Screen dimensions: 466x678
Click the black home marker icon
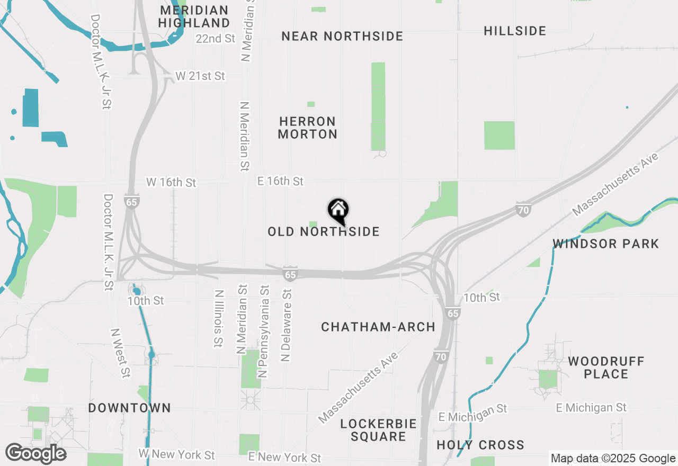coord(338,210)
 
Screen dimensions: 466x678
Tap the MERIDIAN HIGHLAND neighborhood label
coord(194,16)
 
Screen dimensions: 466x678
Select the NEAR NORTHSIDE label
coord(342,36)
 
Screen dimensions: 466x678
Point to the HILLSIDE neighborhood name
coord(515,31)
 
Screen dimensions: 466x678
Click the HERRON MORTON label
coord(308,128)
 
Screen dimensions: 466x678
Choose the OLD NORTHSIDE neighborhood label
coord(323,232)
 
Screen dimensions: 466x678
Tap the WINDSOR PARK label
coord(606,244)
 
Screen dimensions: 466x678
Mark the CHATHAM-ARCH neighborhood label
coord(378,327)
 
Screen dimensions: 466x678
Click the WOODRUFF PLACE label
coord(606,368)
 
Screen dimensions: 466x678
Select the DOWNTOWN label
coord(129,408)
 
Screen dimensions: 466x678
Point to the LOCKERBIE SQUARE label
coord(378,430)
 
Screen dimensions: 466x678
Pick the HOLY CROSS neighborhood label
coord(480,445)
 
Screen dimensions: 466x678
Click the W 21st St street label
coord(200,76)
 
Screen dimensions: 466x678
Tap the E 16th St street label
coord(280,181)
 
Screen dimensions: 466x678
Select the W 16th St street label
coord(171,182)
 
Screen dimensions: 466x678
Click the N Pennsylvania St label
coord(263,331)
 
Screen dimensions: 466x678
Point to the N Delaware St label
coord(287,325)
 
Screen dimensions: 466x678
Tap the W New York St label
coord(177,454)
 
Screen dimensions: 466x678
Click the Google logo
coord(35,454)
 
